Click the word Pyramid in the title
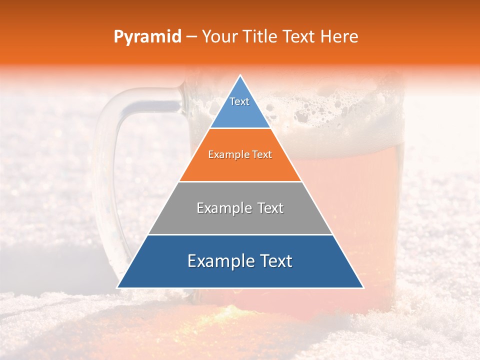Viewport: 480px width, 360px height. coord(147,37)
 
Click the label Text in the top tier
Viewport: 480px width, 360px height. coord(239,101)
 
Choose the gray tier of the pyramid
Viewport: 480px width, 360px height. coord(240,220)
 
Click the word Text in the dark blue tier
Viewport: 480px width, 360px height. coord(275,261)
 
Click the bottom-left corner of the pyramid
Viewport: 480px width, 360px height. coord(118,287)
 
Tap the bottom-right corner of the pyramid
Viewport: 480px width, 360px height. coord(363,287)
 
